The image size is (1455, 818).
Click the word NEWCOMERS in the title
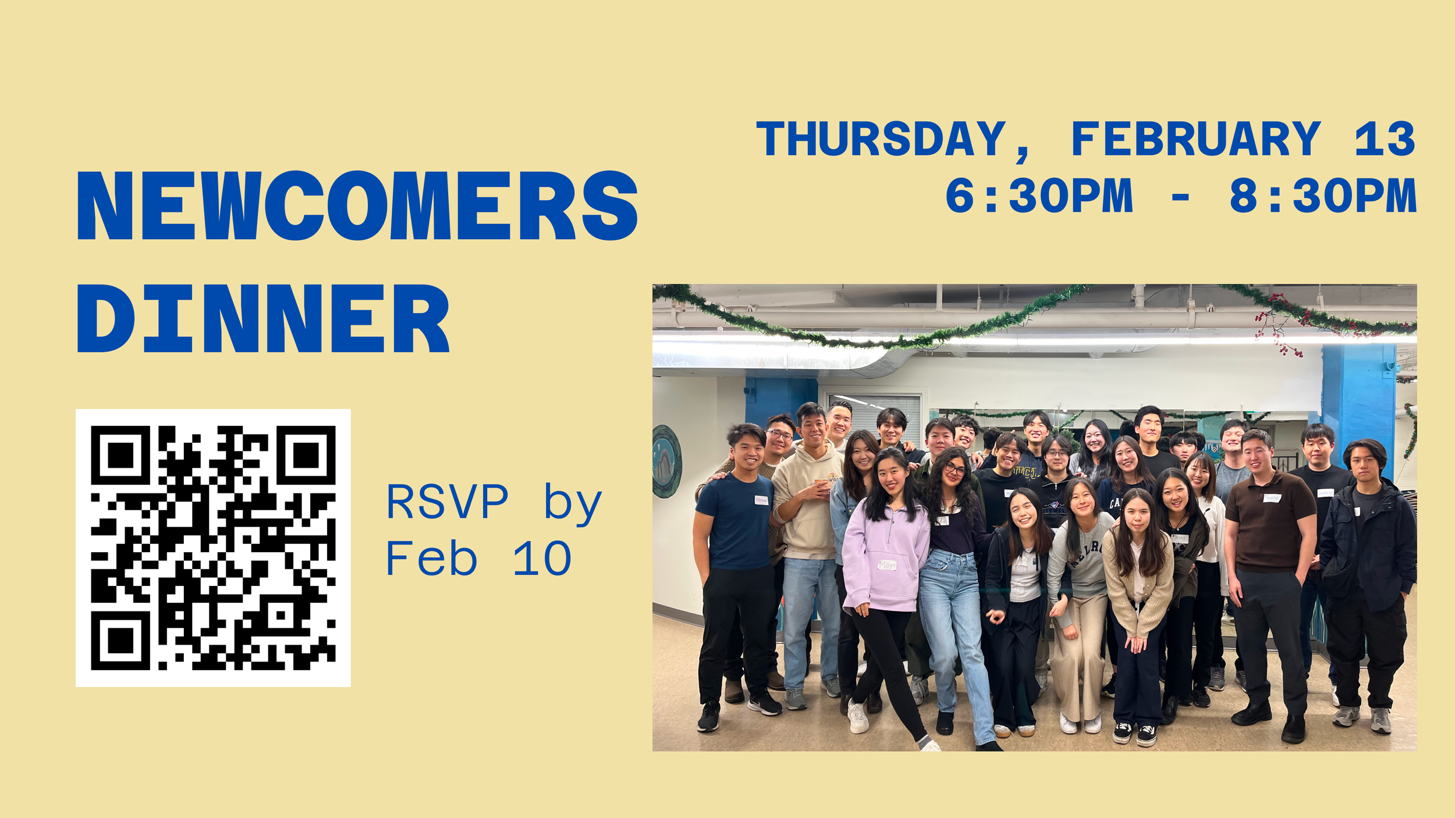(357, 205)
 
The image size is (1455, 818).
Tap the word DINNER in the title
(263, 318)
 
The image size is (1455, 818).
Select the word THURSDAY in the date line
(881, 139)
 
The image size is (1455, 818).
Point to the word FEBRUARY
(1195, 139)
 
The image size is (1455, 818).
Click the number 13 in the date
(1385, 139)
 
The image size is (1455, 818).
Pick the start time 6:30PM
(1039, 196)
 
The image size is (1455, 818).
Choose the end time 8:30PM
(1322, 196)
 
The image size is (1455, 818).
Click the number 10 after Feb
(542, 559)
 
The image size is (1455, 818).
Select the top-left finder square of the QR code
(120, 455)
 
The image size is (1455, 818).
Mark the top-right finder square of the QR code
(306, 455)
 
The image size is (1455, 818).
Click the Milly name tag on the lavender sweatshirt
(887, 564)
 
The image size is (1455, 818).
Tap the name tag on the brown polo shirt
(1272, 498)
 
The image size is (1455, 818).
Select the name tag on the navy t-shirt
(761, 500)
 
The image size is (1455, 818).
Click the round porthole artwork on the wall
(666, 461)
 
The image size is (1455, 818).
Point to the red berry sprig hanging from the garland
(1277, 326)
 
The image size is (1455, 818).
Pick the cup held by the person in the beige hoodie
(821, 482)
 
